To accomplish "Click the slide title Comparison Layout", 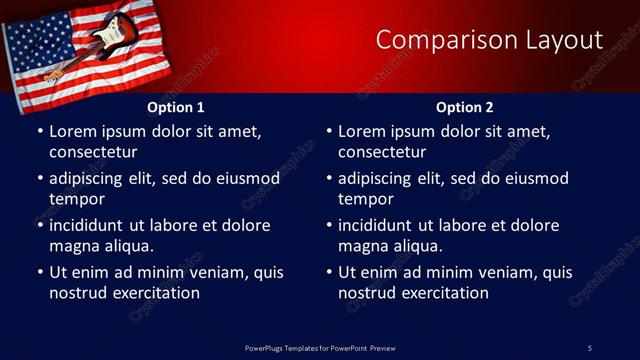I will click(x=489, y=40).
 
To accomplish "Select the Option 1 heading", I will click(x=176, y=107).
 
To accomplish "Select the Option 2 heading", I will click(x=465, y=107).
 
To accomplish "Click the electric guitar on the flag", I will click(x=95, y=40).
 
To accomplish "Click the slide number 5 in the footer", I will click(x=589, y=347).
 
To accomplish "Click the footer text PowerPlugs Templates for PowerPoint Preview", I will click(x=320, y=347).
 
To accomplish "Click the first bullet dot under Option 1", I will click(x=39, y=132).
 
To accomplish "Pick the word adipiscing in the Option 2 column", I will click(x=378, y=179).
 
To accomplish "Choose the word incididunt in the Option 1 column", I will click(x=88, y=226).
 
